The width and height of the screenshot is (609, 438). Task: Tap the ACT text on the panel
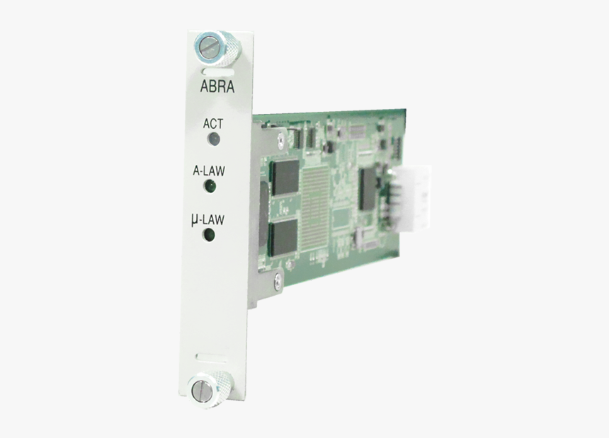(x=213, y=123)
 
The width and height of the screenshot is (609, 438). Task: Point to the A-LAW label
(x=210, y=171)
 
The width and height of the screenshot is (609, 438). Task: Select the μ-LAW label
(x=208, y=219)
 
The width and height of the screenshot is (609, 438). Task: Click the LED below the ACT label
(x=212, y=139)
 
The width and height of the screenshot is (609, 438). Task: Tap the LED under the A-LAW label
(x=210, y=187)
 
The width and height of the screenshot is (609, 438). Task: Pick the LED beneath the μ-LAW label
(x=209, y=235)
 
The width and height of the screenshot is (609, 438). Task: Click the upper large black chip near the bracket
(x=286, y=177)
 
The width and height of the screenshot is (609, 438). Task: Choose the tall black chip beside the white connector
(x=367, y=188)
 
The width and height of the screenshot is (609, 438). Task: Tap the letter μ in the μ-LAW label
(x=195, y=220)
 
